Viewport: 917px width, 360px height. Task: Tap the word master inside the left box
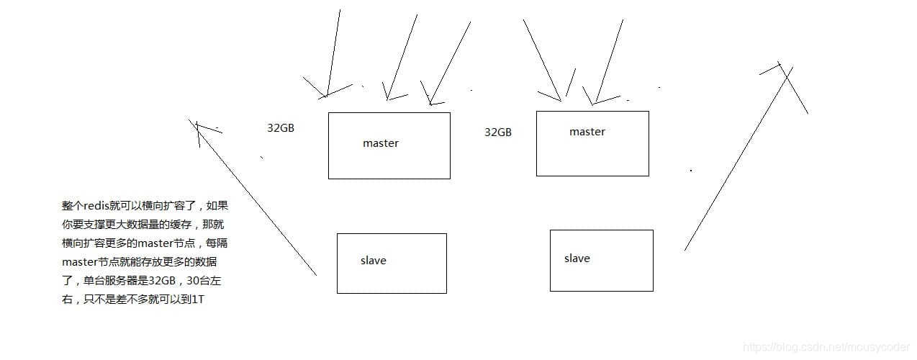tap(380, 143)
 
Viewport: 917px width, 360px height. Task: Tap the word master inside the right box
tap(587, 132)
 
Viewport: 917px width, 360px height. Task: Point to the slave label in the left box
tap(373, 261)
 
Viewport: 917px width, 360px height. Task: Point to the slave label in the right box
tap(577, 258)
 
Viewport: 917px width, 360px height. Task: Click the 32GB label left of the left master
tap(280, 128)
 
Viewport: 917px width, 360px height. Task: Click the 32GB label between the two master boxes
tap(497, 132)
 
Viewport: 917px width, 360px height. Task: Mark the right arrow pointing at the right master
tap(608, 61)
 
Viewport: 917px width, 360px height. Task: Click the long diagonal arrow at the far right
tap(738, 158)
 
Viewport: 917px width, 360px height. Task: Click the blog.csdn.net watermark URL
tap(828, 348)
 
